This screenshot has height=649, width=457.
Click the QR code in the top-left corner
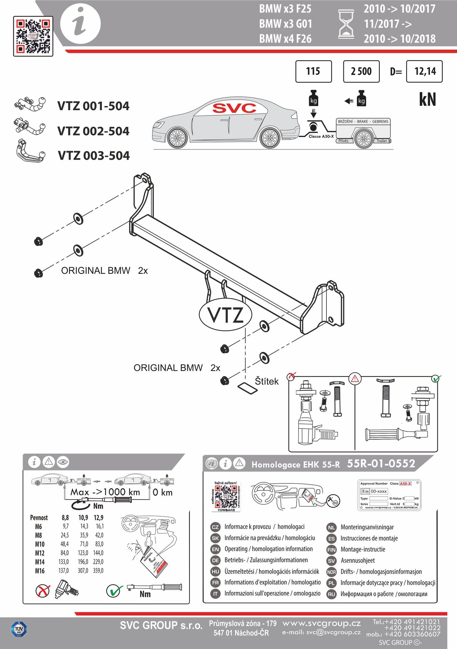pos(33,36)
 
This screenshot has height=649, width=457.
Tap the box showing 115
pos(313,71)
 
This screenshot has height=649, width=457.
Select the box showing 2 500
pos(361,71)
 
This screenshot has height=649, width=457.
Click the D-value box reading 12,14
pos(424,71)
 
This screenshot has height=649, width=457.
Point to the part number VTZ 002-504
pos(93,131)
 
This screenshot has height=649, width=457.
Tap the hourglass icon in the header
pos(346,24)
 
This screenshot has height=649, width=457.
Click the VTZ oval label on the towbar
pos(225,315)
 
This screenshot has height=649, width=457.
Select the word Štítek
pos(267,381)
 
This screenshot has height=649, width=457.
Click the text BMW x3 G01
pos(285,24)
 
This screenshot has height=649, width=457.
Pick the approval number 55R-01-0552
pos(381,463)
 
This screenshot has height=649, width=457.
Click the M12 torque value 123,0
pos(83,553)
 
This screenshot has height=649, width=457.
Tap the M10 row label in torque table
pos(40,544)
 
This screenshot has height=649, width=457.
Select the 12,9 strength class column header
pos(98,518)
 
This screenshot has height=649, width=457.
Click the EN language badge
pos(215,549)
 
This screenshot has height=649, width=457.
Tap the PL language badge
pos(331,583)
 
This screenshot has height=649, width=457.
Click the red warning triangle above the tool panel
pos(355,379)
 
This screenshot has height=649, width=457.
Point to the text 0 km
pos(162,492)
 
